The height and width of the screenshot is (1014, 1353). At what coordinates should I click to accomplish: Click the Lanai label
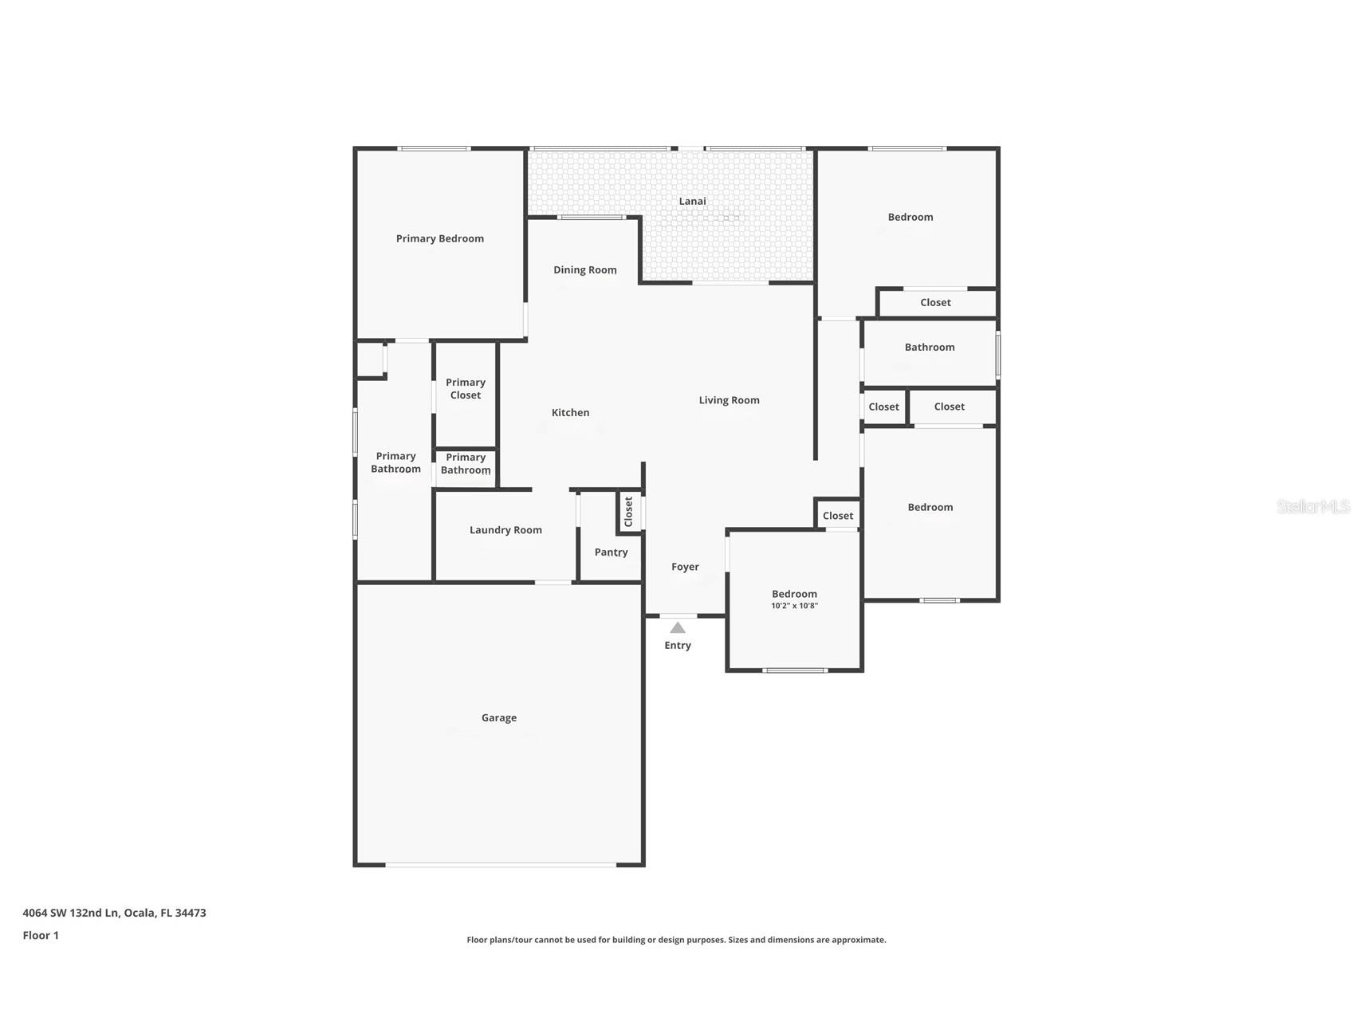pyautogui.click(x=692, y=201)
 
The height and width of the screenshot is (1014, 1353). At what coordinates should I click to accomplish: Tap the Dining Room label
pyautogui.click(x=585, y=270)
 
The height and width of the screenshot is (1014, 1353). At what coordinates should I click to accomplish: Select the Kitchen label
pyautogui.click(x=571, y=412)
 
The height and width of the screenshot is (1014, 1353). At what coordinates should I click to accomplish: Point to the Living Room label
pyautogui.click(x=730, y=400)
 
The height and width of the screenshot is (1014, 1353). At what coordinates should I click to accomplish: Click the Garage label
pyautogui.click(x=499, y=718)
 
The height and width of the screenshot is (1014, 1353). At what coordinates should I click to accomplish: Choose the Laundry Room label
pyautogui.click(x=505, y=530)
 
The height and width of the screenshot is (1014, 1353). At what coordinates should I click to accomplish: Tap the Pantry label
pyautogui.click(x=612, y=552)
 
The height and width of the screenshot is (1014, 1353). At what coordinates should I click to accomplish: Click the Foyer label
pyautogui.click(x=685, y=567)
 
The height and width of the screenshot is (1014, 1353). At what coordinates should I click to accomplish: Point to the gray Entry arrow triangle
pyautogui.click(x=678, y=627)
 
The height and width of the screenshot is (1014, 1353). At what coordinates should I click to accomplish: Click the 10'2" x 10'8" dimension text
pyautogui.click(x=795, y=606)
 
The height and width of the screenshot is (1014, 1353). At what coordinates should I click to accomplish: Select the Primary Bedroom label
pyautogui.click(x=440, y=238)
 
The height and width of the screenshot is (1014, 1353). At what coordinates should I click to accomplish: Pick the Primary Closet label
pyautogui.click(x=466, y=389)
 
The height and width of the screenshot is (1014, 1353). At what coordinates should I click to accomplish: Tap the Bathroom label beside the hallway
pyautogui.click(x=930, y=348)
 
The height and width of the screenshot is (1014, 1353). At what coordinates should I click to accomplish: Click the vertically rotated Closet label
pyautogui.click(x=628, y=512)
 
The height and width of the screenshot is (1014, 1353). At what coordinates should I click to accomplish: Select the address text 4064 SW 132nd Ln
pyautogui.click(x=70, y=913)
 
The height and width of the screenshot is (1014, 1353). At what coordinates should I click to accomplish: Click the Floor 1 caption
pyautogui.click(x=41, y=935)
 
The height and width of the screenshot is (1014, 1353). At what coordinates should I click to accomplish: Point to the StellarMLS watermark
pyautogui.click(x=1313, y=506)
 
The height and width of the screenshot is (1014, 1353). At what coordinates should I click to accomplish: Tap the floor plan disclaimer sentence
pyautogui.click(x=676, y=940)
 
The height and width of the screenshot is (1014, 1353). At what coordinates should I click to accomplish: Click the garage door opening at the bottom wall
pyautogui.click(x=501, y=864)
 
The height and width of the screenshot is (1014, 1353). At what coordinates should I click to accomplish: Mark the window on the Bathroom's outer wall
pyautogui.click(x=997, y=355)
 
